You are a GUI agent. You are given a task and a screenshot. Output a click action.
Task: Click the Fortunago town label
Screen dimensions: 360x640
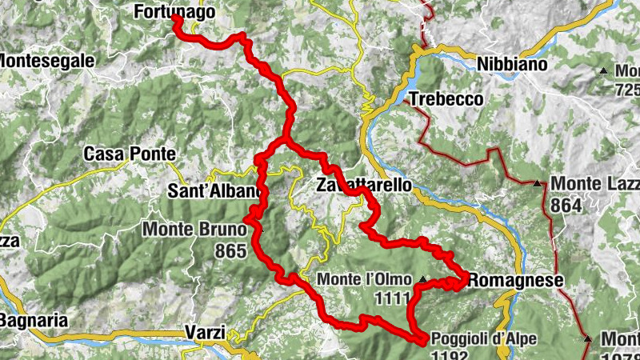pyautogui.click(x=174, y=11)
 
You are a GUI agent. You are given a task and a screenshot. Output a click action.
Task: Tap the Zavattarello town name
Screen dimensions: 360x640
pyautogui.click(x=365, y=185)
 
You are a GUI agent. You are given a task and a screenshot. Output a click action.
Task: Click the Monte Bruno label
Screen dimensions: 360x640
pyautogui.click(x=193, y=230)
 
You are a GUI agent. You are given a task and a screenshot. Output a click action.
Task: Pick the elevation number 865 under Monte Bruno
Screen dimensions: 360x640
pyautogui.click(x=230, y=251)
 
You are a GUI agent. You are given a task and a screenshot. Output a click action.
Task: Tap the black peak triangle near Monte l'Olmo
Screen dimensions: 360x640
pyautogui.click(x=422, y=280)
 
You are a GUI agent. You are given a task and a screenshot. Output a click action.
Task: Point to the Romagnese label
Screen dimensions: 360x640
pyautogui.click(x=516, y=280)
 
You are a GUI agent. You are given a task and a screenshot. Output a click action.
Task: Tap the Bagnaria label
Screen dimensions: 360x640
pyautogui.click(x=33, y=320)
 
